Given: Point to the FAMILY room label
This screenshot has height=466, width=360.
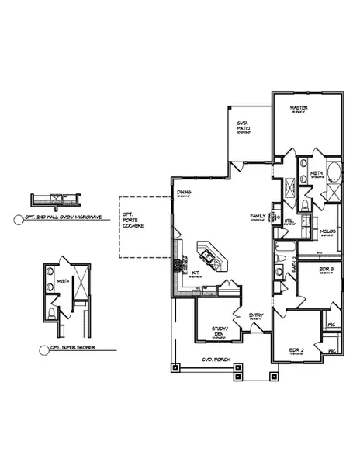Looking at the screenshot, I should [258, 216].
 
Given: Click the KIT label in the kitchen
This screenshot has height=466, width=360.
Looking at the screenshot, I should [196, 273].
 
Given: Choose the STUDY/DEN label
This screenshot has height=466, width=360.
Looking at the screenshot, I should [220, 331].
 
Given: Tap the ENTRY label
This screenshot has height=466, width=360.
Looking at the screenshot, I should [255, 315].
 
